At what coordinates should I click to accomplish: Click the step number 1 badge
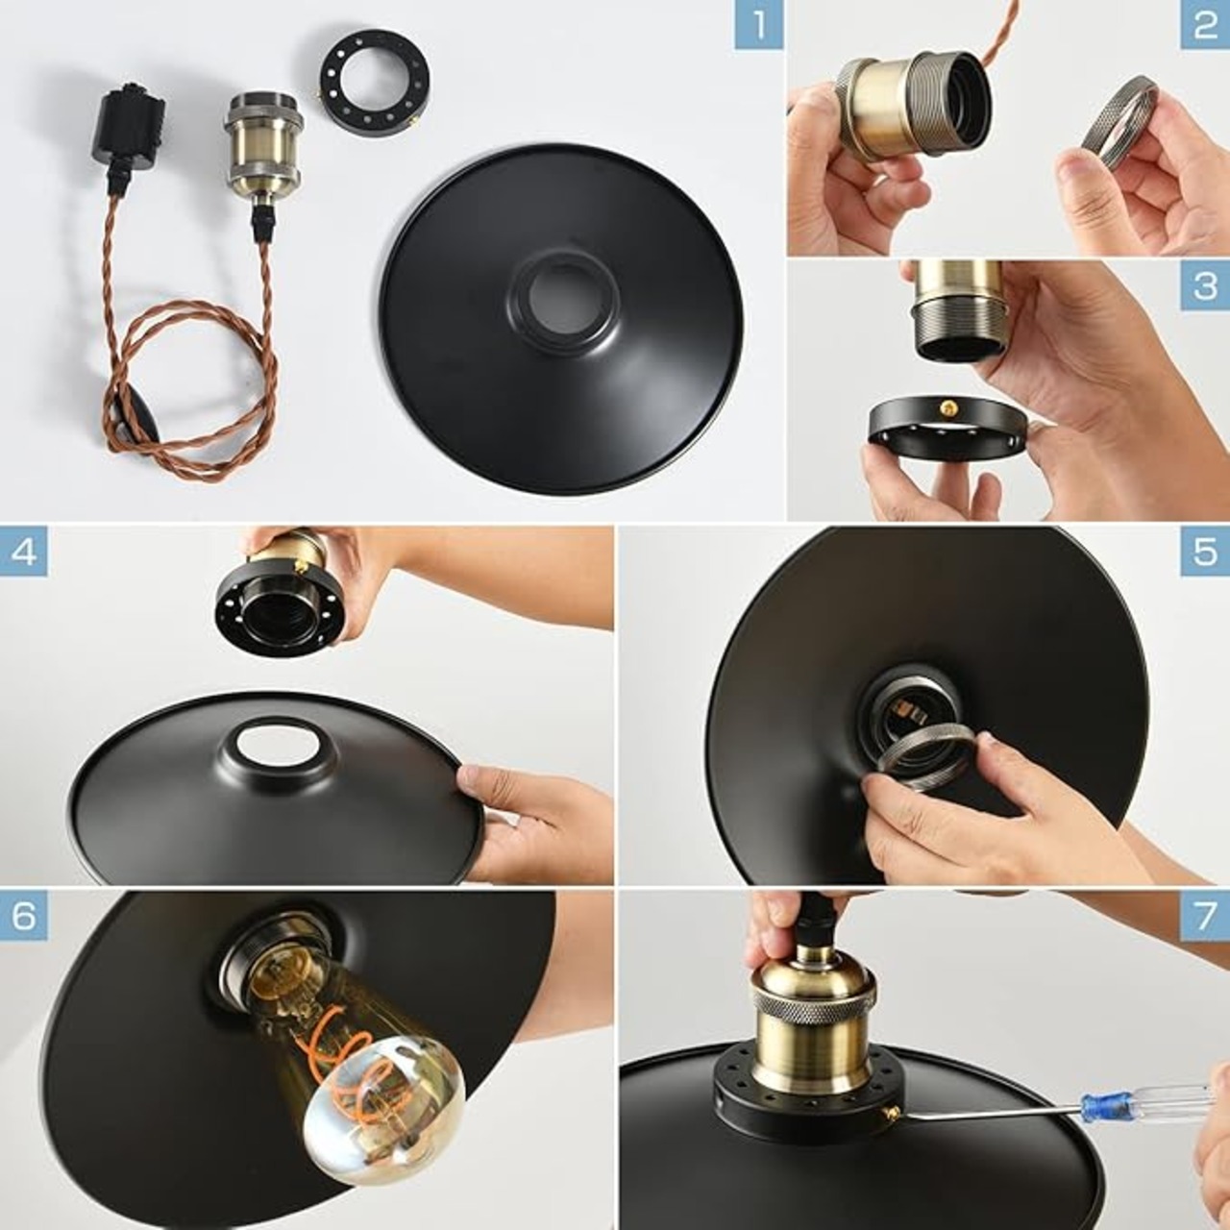(x=759, y=25)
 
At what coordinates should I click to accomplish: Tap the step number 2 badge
(x=1205, y=25)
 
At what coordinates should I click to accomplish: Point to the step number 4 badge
(x=24, y=552)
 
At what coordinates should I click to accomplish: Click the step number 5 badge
(x=1205, y=552)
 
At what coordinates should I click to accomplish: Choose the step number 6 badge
(x=24, y=916)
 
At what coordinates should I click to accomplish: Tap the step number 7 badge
(x=1205, y=916)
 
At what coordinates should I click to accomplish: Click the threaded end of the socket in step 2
(x=957, y=99)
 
